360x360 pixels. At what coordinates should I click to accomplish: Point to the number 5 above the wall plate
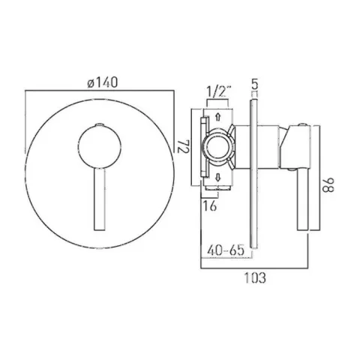tap(254, 85)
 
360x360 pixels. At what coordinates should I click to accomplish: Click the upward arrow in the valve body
tap(217, 117)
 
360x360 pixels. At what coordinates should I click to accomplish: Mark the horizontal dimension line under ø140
tap(100, 91)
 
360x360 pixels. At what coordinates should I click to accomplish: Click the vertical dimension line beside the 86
tap(320, 180)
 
